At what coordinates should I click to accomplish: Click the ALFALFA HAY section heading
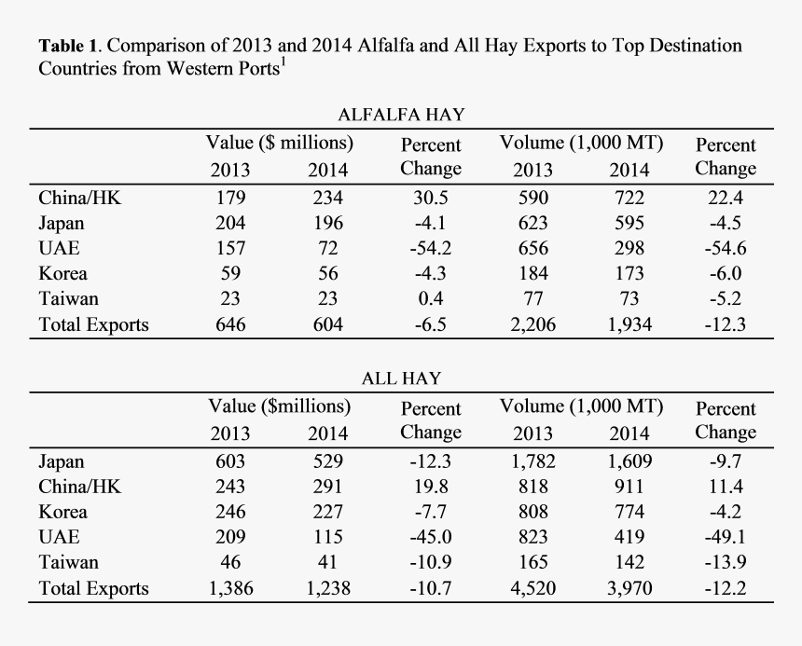click(401, 115)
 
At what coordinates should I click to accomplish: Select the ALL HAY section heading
click(401, 378)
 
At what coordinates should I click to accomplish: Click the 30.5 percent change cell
click(430, 198)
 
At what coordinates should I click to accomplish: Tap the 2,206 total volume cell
click(532, 324)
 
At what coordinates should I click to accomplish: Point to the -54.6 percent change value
click(726, 249)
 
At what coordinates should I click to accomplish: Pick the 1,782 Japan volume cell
click(532, 461)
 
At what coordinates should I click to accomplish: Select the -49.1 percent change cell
click(726, 537)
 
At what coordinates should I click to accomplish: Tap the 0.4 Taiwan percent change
click(430, 299)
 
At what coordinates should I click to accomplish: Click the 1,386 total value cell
click(229, 588)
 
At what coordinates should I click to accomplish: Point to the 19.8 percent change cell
click(430, 487)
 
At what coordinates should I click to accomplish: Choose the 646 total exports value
click(229, 324)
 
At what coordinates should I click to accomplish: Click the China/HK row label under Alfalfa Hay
click(80, 198)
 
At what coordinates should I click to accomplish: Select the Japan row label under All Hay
click(62, 461)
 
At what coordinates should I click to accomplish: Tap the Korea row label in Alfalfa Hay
click(63, 274)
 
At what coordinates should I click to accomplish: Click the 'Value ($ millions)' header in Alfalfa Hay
click(279, 143)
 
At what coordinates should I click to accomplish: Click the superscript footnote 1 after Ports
click(283, 62)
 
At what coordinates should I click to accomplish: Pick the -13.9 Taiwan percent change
click(726, 563)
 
